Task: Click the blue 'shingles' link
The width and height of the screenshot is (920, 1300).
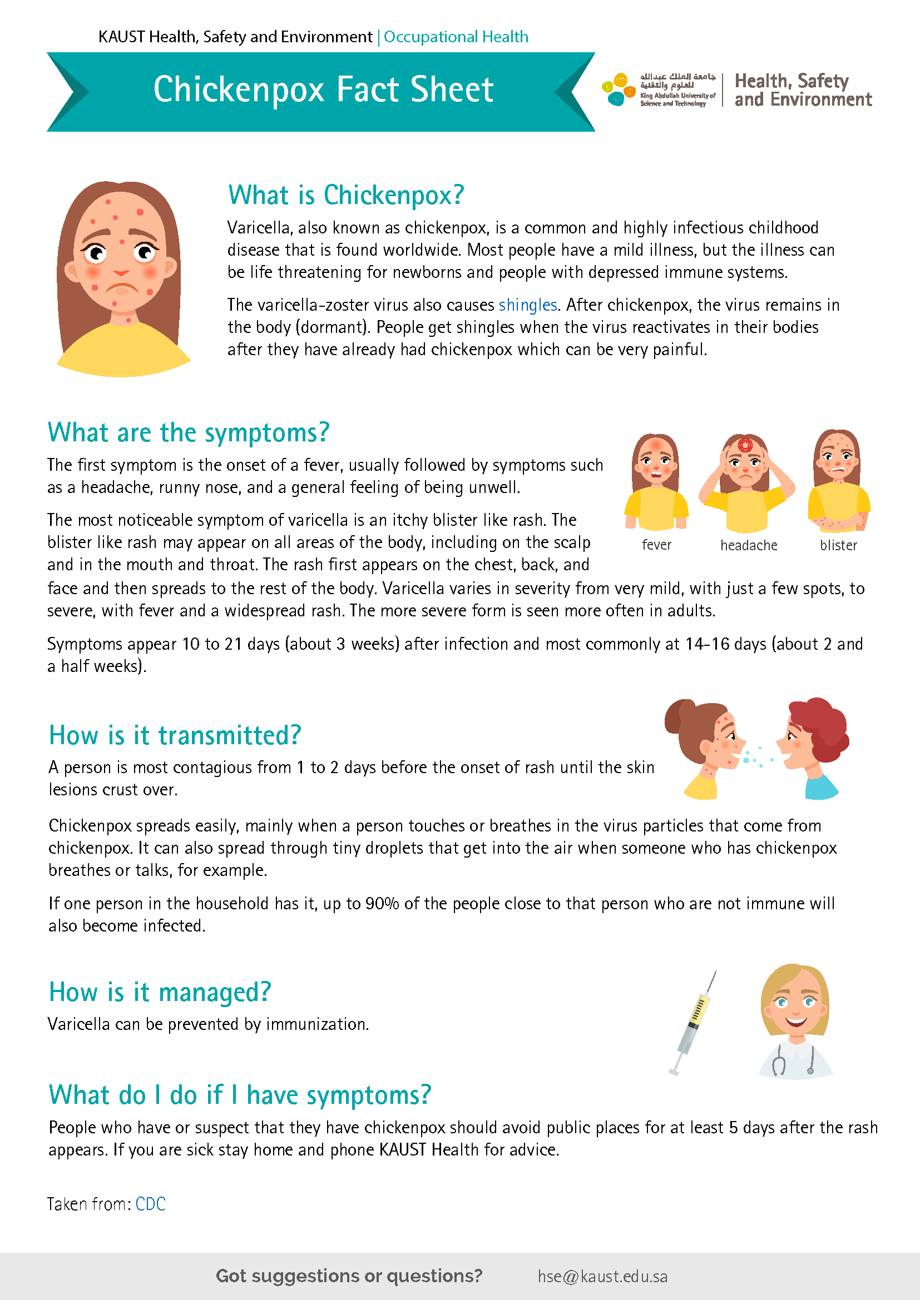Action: [527, 305]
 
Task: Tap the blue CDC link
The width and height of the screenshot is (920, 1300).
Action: [151, 1204]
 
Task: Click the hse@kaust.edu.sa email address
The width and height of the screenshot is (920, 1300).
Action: [602, 1276]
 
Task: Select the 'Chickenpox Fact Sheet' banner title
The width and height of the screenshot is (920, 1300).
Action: [324, 89]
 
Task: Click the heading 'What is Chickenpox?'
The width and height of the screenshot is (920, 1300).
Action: [345, 195]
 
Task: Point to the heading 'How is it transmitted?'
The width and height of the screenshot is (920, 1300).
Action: [175, 735]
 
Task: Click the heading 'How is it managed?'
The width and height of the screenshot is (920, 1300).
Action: [160, 992]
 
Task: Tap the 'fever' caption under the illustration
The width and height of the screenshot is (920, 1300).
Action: [656, 545]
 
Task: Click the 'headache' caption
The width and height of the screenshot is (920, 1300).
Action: [748, 545]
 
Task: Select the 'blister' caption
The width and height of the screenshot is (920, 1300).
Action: [838, 545]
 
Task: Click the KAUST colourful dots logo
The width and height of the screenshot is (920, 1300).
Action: [618, 89]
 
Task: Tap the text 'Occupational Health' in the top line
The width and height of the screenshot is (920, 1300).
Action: [456, 37]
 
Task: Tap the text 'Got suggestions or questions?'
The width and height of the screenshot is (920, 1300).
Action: [349, 1276]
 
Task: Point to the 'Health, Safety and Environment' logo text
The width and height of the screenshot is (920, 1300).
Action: [803, 90]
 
